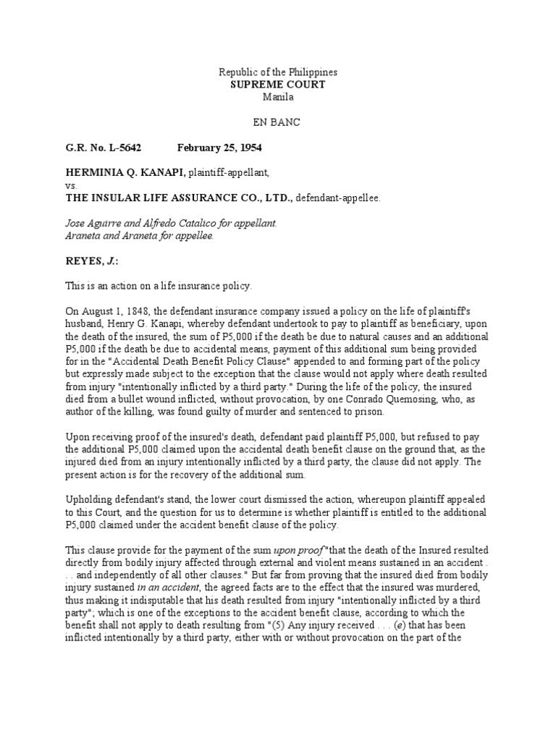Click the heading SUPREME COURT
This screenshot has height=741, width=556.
(278, 85)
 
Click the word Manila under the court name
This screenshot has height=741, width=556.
(278, 97)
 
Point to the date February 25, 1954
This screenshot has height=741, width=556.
(219, 147)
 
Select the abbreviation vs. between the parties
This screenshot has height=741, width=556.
(71, 185)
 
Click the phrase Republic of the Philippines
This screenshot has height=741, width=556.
(278, 72)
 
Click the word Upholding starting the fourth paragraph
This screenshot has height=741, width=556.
(90, 499)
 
